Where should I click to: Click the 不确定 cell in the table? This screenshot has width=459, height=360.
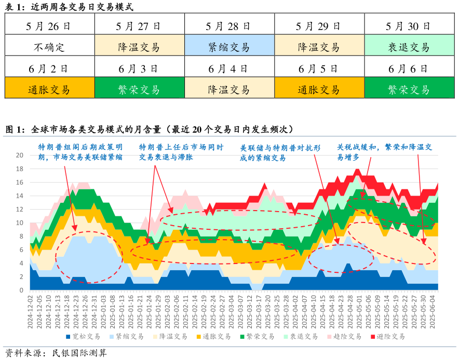(x=50, y=47)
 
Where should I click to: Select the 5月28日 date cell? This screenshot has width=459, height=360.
(x=229, y=26)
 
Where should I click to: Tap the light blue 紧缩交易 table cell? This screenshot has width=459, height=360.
(x=229, y=47)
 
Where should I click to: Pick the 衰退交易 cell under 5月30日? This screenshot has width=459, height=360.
(x=409, y=47)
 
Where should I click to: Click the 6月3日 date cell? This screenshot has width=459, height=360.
(x=139, y=68)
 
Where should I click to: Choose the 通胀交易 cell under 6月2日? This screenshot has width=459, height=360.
(x=50, y=89)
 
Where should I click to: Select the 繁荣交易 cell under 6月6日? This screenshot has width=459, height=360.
(x=409, y=89)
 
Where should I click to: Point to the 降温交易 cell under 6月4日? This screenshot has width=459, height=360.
(x=229, y=89)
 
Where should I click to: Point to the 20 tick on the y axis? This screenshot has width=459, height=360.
(x=20, y=155)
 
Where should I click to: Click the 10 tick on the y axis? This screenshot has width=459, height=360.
(x=20, y=223)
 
